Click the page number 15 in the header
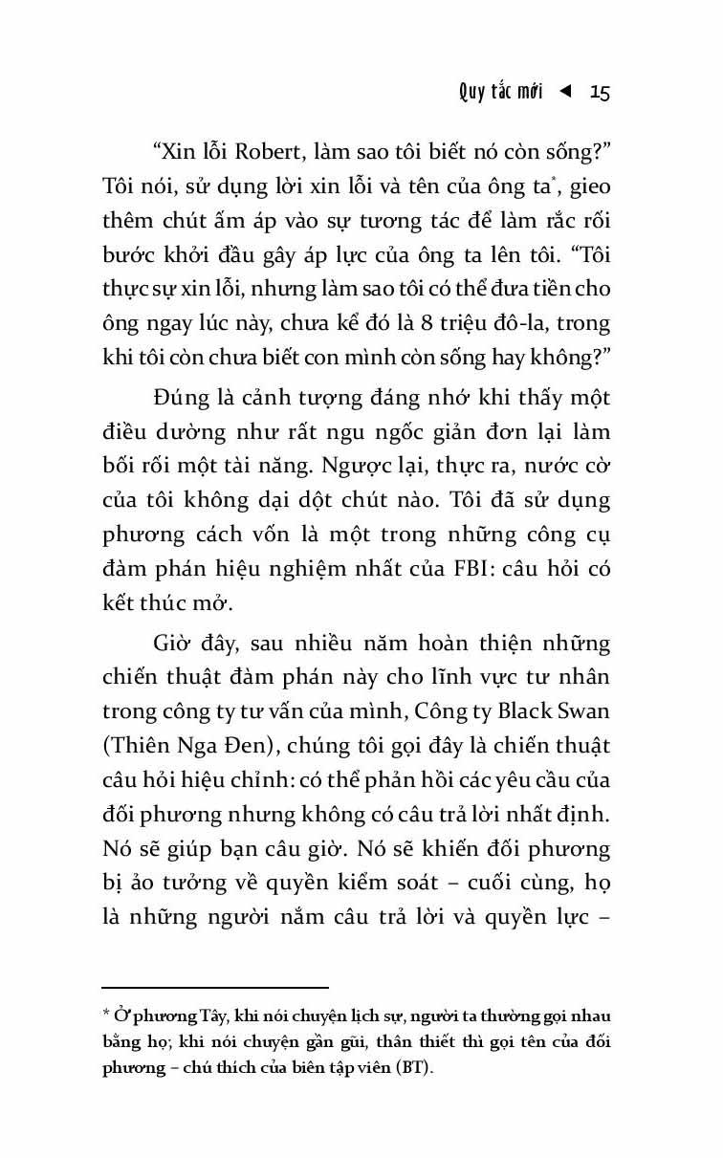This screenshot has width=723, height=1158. [600, 92]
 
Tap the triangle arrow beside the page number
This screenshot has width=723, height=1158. [565, 92]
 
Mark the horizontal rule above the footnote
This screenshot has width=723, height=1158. [215, 987]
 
